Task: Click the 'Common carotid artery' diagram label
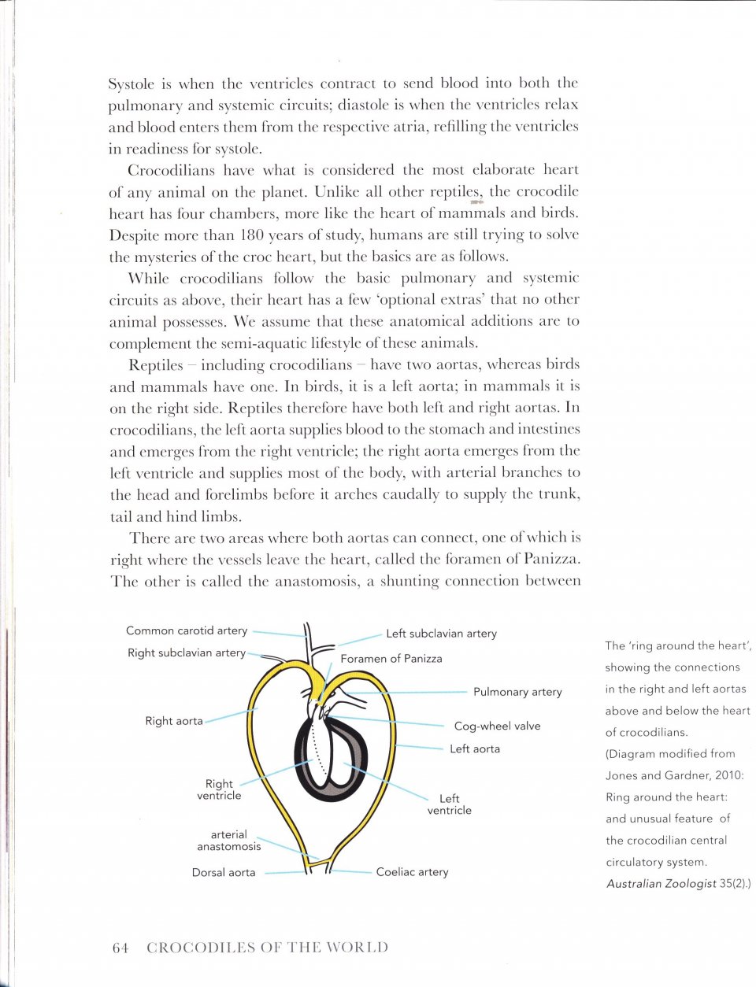187,630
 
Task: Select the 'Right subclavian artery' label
187,652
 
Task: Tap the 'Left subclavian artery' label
441,633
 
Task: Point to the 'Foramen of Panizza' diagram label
391,658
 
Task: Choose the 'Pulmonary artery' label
517,692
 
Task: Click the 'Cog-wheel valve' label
497,726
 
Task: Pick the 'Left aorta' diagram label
475,749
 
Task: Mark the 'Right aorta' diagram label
174,721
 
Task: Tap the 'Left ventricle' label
449,804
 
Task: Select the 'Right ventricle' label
219,789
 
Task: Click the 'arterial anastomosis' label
228,841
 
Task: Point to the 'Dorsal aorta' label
224,872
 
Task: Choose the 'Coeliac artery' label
412,871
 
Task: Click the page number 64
120,948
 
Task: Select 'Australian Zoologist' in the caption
661,884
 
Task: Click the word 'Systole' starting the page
133,83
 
